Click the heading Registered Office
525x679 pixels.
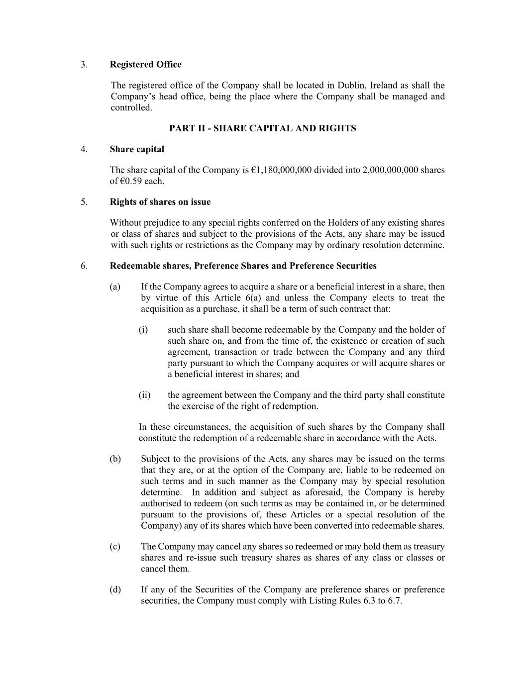[x=145, y=65]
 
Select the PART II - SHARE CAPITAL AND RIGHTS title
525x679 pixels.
[x=262, y=128]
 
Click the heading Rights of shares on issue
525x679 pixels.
[x=160, y=202]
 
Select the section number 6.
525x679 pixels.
[x=84, y=266]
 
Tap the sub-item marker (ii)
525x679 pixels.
[x=144, y=395]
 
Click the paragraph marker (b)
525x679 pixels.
[x=115, y=459]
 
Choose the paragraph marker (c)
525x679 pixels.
[x=115, y=547]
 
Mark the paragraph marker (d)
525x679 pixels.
[x=115, y=590]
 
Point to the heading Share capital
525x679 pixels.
[x=137, y=149]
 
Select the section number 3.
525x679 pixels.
[x=84, y=65]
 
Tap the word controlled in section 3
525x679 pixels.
[x=130, y=107]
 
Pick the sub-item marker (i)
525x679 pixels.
[x=143, y=330]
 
